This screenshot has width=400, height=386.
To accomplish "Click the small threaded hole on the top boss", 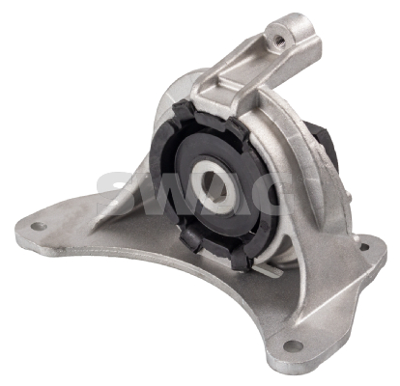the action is click(279, 41).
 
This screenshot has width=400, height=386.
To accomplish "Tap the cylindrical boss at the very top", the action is click(293, 31).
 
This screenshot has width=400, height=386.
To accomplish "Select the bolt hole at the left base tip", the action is click(39, 226).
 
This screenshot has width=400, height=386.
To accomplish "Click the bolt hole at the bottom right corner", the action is click(293, 345).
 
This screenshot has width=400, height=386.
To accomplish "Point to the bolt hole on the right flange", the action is click(364, 247).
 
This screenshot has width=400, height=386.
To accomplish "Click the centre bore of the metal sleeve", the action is click(214, 186).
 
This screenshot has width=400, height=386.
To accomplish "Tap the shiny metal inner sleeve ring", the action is click(214, 186).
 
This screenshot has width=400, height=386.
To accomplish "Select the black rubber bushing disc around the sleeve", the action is click(222, 184).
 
